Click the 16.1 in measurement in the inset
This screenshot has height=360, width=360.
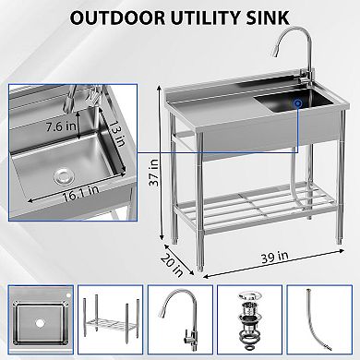coord(77,196)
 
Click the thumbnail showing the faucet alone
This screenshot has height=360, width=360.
coord(179,319)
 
